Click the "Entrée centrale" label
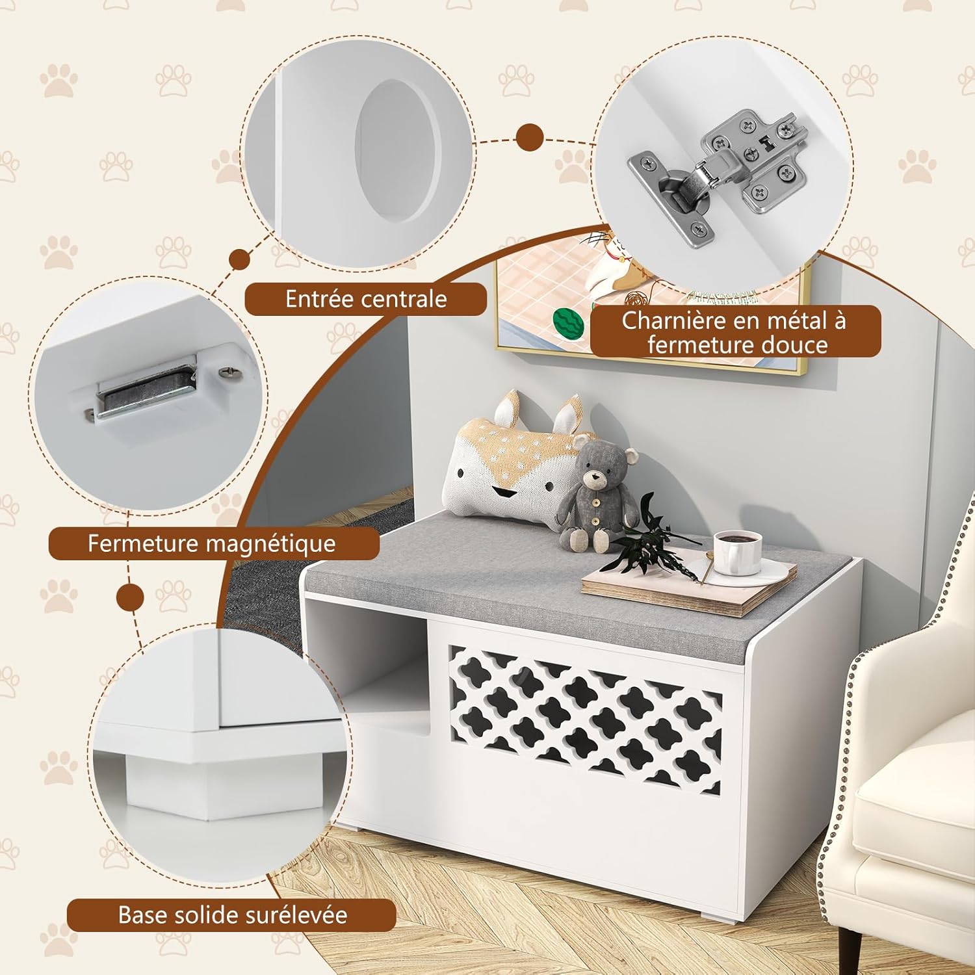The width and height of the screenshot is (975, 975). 366,299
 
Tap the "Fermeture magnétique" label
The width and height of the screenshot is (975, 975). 213,543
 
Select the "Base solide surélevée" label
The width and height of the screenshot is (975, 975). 232,915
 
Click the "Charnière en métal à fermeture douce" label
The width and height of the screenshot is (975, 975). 734,331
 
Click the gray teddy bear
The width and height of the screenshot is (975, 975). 594,492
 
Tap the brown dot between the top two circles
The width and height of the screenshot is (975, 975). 530,138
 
